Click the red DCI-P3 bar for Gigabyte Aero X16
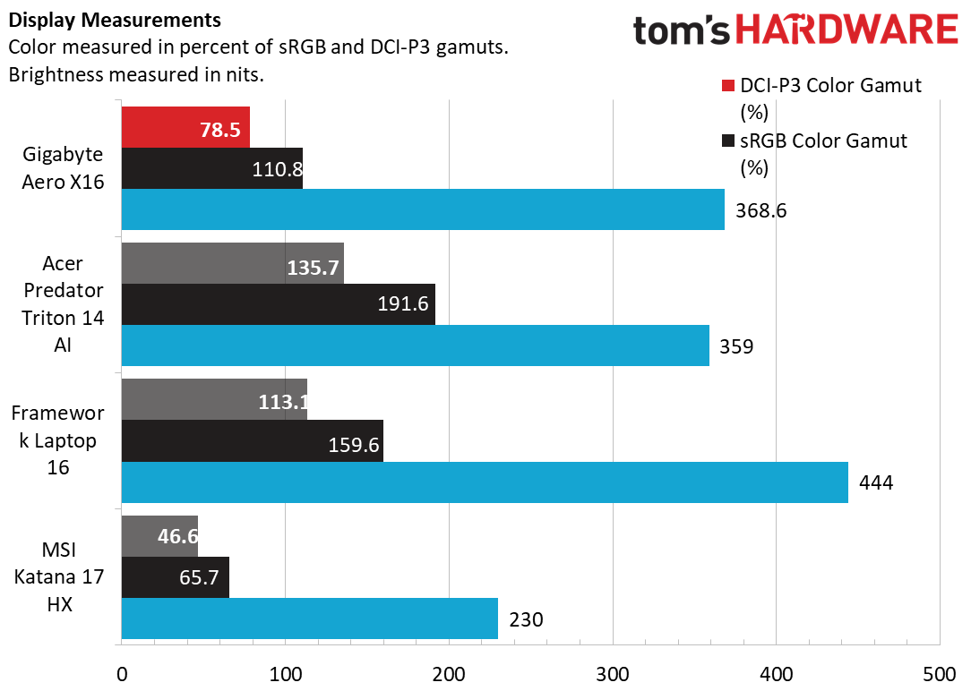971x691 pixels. [185, 127]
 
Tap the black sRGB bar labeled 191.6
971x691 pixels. [278, 304]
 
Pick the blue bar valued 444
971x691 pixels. [484, 482]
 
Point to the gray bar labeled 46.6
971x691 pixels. [159, 536]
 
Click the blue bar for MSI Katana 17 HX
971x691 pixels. [309, 618]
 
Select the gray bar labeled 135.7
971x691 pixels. [232, 263]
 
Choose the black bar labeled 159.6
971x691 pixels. [252, 441]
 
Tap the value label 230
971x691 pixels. [526, 619]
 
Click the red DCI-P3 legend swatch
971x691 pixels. [727, 86]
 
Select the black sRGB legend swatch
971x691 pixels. [727, 141]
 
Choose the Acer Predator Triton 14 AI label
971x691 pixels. [62, 304]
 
